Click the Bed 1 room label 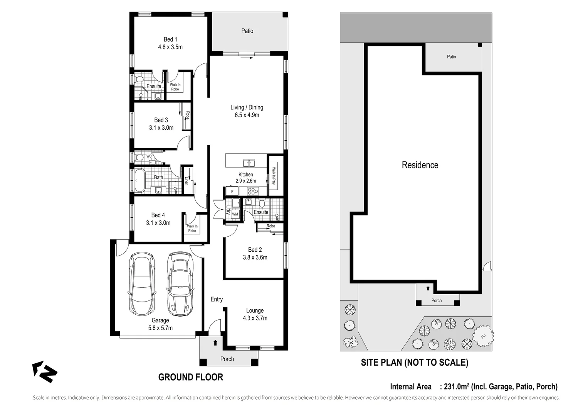(x=170, y=39)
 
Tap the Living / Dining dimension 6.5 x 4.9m (x=247, y=115)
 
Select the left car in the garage (x=142, y=283)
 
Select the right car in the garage (x=180, y=283)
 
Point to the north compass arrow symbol (x=45, y=372)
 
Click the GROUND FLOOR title (x=190, y=377)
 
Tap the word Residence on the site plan (x=420, y=165)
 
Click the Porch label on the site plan (x=436, y=300)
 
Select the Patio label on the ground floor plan (x=247, y=31)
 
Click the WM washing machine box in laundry (x=235, y=214)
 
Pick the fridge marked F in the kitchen (x=232, y=192)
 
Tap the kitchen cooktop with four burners (x=253, y=191)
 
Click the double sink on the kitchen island (x=249, y=163)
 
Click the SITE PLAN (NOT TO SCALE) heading (x=414, y=363)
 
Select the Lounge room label (x=255, y=310)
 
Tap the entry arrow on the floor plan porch (x=215, y=342)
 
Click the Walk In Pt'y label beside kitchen (x=274, y=176)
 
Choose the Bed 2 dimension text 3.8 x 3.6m (x=255, y=258)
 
